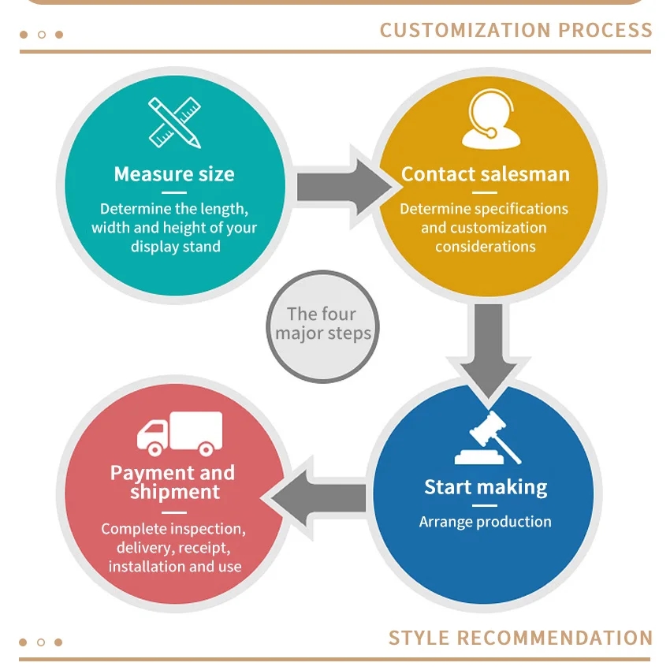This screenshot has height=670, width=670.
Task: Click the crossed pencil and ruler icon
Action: pos(175,123)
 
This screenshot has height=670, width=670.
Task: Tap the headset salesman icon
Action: pos(490,121)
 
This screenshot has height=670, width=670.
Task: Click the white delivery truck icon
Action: pos(180,433)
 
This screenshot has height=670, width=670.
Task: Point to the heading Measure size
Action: pos(174,174)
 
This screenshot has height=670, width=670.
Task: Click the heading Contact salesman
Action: pos(485,174)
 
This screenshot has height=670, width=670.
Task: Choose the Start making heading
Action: pos(486,487)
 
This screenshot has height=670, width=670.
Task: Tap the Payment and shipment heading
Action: pos(173,482)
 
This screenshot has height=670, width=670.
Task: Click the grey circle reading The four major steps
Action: pos(323,326)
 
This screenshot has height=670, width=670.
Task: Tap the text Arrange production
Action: pos(486,522)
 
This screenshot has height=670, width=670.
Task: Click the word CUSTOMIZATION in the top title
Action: pos(466,31)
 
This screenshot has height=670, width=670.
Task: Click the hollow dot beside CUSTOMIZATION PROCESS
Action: pos(42,35)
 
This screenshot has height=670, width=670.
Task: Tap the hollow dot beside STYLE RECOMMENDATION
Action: pos(42,642)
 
